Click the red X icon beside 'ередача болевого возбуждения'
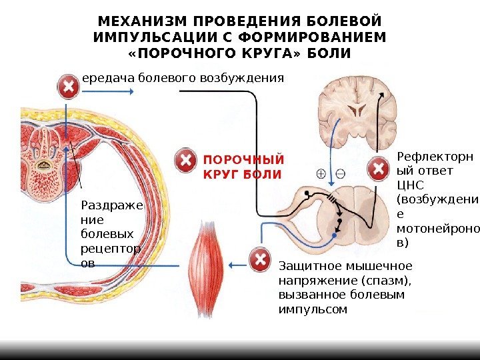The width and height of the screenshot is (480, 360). coord(68,87)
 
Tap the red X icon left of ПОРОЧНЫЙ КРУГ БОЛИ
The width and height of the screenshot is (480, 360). coord(185,161)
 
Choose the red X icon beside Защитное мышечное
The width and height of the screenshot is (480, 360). coord(259,259)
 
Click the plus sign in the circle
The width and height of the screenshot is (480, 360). coord(321,174)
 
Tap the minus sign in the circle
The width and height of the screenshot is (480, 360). coord(340,174)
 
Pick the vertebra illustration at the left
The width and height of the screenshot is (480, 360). coord(50,157)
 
